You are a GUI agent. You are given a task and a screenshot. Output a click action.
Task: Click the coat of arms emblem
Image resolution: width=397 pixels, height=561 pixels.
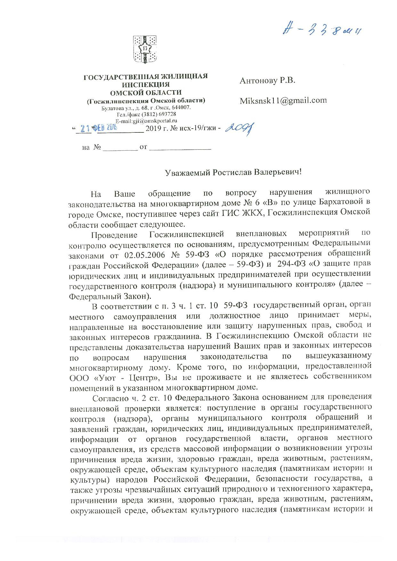[x=145, y=50]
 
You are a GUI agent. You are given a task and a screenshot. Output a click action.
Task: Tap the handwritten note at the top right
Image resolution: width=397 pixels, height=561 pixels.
[x=324, y=30]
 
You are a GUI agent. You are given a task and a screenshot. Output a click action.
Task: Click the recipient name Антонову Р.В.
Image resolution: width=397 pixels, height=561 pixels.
[x=267, y=80]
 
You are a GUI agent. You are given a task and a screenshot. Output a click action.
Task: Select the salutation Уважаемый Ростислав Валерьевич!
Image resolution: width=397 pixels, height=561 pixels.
[x=233, y=172]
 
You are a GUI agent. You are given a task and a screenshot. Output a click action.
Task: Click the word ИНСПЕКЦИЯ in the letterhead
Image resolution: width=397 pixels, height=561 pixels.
[x=146, y=85]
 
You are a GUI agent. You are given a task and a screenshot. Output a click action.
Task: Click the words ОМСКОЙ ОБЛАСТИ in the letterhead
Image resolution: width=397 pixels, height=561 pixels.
[x=146, y=93]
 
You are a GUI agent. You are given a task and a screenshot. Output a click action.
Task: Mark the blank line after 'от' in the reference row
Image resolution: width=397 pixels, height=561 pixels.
[x=180, y=148]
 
